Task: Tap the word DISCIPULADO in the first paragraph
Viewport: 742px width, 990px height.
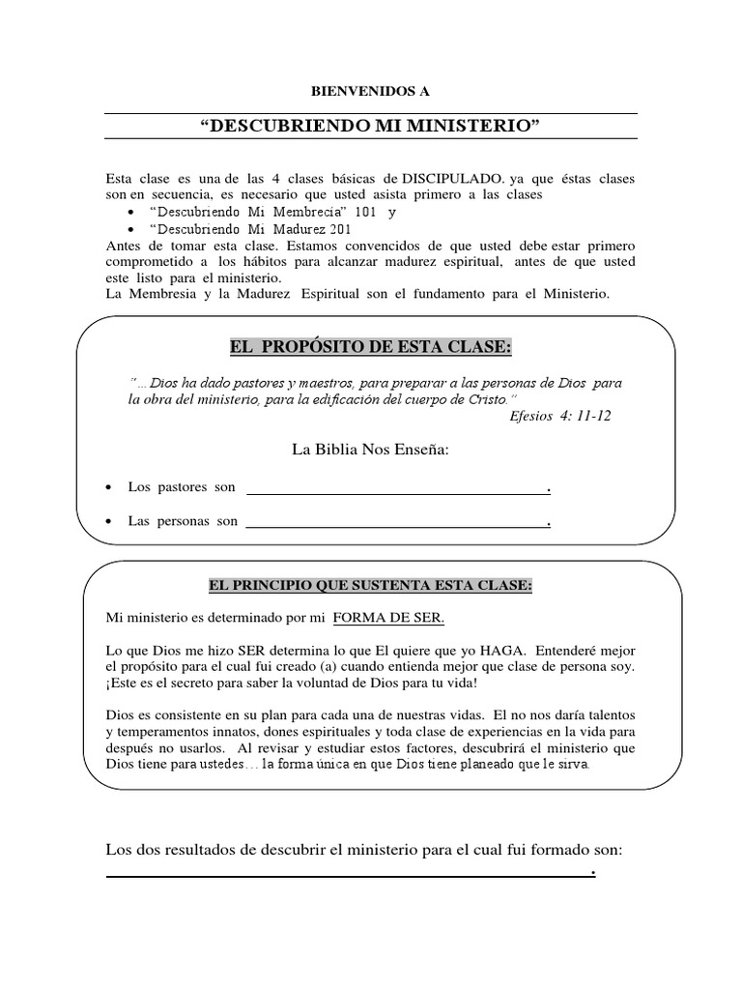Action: point(443,180)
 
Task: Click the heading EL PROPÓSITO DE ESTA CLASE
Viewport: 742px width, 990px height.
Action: point(370,347)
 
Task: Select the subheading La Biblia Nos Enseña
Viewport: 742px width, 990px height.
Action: point(370,450)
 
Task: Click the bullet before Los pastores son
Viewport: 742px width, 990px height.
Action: point(109,487)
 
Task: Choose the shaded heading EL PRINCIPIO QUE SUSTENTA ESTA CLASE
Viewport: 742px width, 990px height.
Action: point(370,586)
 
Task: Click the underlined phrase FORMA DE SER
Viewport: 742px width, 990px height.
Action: point(388,618)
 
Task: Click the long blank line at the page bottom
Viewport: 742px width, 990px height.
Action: point(348,876)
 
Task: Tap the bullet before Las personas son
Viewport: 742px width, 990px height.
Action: point(109,522)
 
